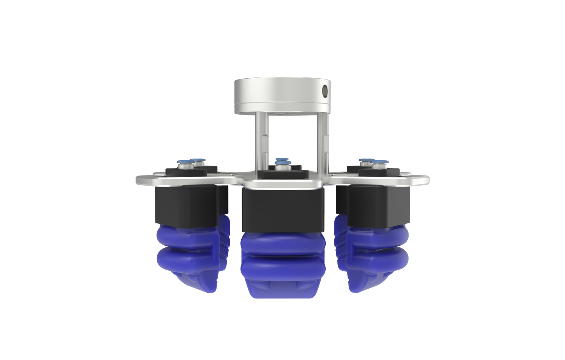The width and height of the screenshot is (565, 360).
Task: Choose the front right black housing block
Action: tap(378, 205)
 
